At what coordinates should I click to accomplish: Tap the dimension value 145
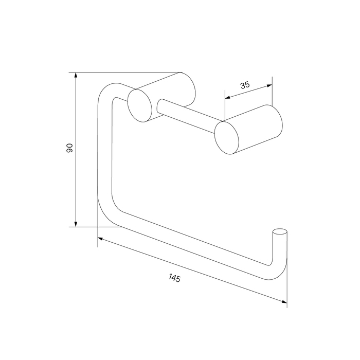(x=174, y=279)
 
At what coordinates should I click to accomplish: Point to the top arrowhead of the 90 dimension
(x=76, y=75)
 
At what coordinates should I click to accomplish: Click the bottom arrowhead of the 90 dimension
(x=76, y=224)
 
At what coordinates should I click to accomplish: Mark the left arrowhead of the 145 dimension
(x=100, y=239)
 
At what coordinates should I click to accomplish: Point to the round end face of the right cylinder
(x=227, y=138)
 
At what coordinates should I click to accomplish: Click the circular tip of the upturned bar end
(x=280, y=231)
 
